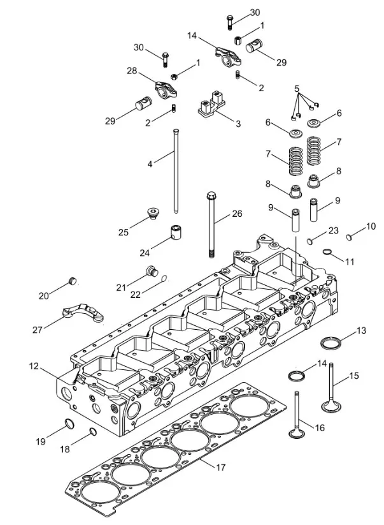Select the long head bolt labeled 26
[210, 223]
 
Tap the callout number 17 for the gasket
[220, 468]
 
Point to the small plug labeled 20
[72, 281]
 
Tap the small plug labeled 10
[350, 237]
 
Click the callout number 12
[34, 366]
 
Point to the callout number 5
[296, 88]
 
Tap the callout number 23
[334, 230]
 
